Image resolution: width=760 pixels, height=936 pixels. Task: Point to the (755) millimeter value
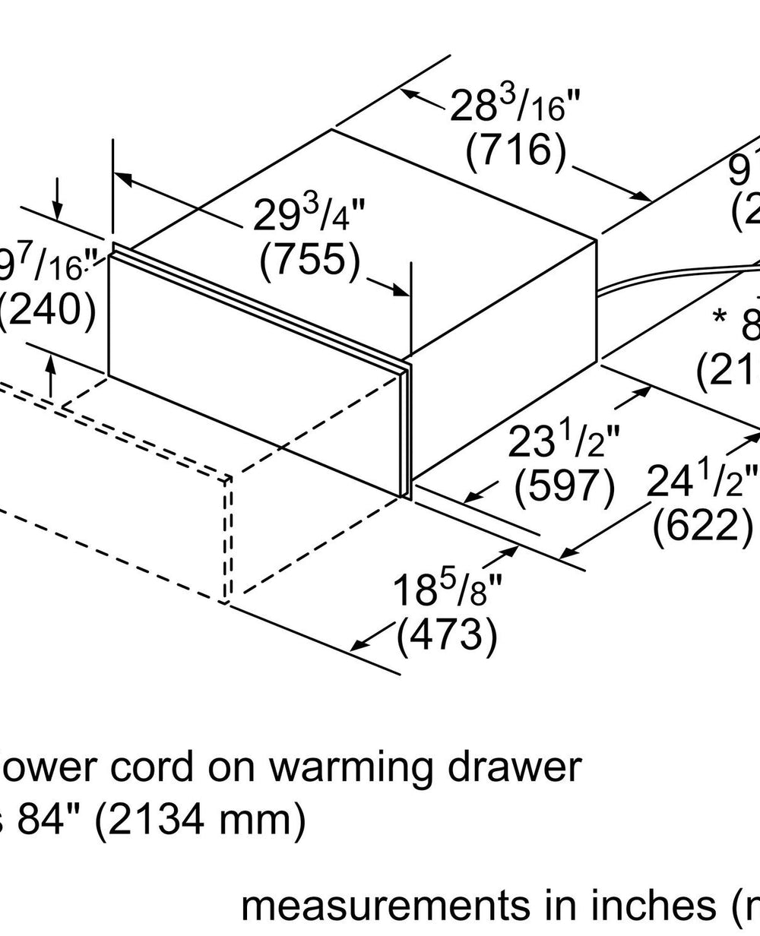coord(309,261)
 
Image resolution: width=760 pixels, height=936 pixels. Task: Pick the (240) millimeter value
coord(47,310)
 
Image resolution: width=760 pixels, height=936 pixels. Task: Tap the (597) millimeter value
coord(565,488)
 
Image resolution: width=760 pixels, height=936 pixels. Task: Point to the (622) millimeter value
coord(703,525)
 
